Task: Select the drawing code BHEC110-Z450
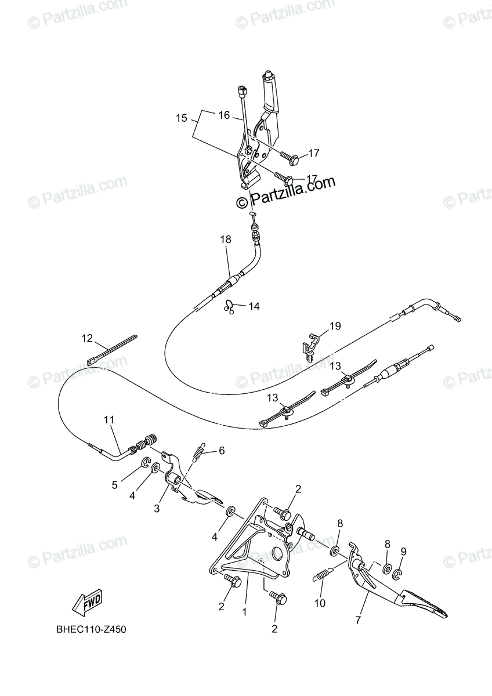point(91,629)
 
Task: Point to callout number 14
point(254,306)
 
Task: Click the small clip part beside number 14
point(230,305)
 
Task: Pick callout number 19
point(335,327)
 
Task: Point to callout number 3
point(156,509)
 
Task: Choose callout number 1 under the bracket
point(244,611)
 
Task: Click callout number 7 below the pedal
point(358,620)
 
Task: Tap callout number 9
point(403,552)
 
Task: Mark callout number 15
point(182,118)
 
